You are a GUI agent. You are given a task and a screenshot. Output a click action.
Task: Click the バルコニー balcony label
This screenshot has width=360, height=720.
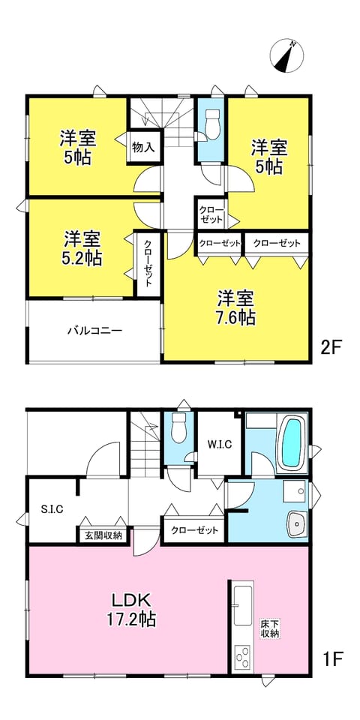coord(95,330)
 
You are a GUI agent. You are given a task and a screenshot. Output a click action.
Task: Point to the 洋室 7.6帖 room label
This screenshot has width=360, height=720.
coord(236,307)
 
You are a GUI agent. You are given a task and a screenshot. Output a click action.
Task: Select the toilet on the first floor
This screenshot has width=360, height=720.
coord(178,427)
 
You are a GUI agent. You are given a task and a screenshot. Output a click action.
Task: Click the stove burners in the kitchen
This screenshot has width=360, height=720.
coord(243,656)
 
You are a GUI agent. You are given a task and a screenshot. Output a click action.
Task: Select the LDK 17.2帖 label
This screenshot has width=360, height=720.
coord(128,609)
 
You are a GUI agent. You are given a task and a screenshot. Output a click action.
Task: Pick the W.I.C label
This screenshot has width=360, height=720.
coord(220,444)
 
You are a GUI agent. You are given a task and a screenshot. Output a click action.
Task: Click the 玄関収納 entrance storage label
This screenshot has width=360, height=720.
coord(103,535)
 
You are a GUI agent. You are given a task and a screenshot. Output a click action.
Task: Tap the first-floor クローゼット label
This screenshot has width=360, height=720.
coord(194,530)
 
